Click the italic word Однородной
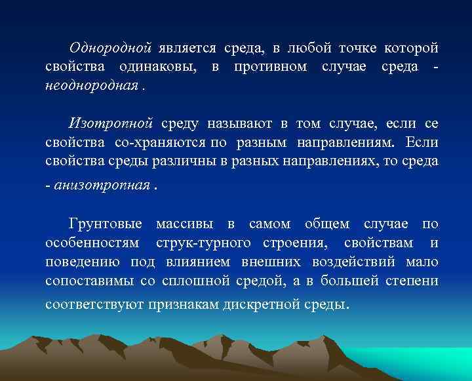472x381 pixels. click(111, 49)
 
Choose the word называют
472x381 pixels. click(239, 124)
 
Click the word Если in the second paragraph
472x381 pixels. click(422, 142)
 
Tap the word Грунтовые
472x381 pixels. click(105, 225)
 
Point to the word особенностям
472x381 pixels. click(92, 243)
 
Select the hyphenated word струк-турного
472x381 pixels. click(203, 243)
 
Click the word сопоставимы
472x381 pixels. click(89, 280)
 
